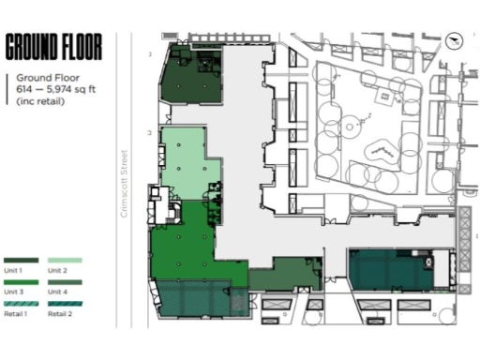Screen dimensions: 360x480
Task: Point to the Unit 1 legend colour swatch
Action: click(22, 261)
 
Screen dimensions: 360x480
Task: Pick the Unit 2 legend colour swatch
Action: click(65, 261)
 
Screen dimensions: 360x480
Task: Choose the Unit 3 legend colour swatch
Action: click(22, 282)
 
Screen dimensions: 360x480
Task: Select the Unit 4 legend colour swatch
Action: click(65, 282)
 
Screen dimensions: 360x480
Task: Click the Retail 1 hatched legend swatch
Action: click(22, 304)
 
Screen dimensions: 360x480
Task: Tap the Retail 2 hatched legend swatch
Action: click(65, 304)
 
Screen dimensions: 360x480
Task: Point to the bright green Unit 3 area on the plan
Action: click(192, 248)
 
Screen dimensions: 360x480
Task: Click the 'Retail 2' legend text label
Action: click(59, 314)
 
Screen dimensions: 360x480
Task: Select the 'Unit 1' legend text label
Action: click(13, 270)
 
